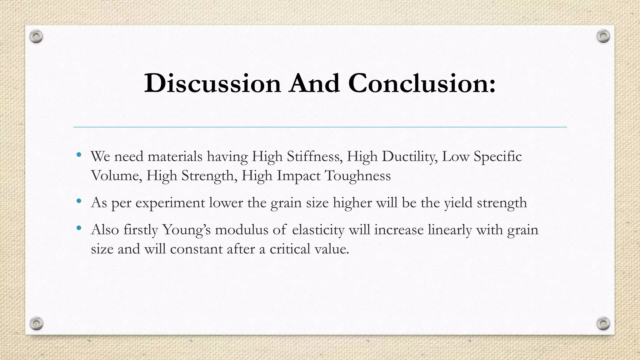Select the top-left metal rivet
click(36, 37)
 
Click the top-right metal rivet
click(603, 37)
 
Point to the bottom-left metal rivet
click(37, 323)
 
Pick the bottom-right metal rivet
click(603, 323)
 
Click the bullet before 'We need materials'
click(79, 155)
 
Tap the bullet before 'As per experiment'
click(79, 201)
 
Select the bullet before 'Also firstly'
click(79, 228)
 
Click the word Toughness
click(358, 176)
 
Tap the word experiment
click(170, 203)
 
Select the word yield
click(458, 203)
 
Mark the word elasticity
click(318, 230)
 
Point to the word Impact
click(298, 176)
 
